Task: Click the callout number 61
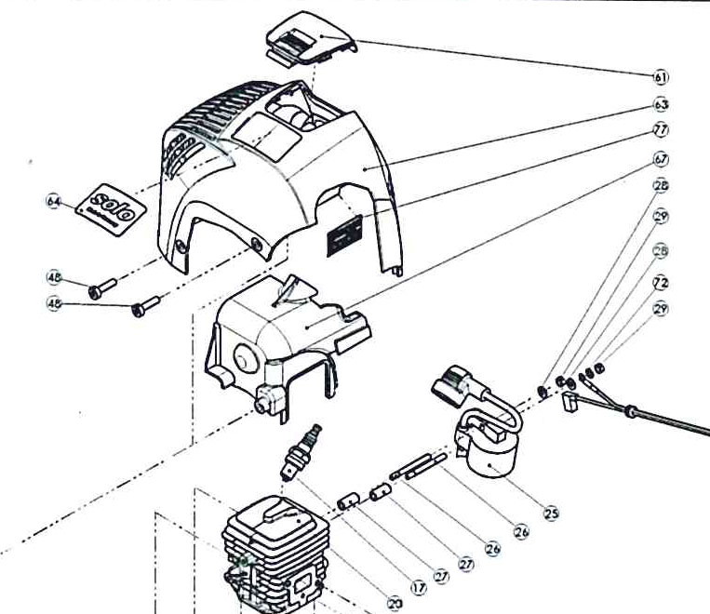662,76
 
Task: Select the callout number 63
662,105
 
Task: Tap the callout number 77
662,130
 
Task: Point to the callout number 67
662,158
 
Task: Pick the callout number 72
662,281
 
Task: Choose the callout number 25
551,512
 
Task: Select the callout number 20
395,604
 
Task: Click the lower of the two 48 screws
146,303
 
